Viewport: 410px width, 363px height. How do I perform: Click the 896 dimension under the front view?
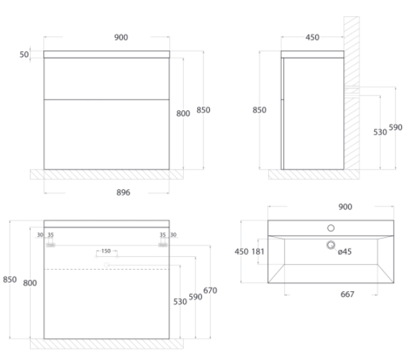click(123, 192)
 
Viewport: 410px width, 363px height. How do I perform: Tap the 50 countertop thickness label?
click(24, 55)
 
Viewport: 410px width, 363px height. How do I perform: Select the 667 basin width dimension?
click(347, 295)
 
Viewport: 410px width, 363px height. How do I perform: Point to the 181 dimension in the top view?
click(258, 251)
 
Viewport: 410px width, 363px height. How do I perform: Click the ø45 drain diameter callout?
click(345, 251)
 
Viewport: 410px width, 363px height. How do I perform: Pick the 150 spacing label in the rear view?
click(106, 251)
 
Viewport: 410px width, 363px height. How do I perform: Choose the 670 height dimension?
click(210, 290)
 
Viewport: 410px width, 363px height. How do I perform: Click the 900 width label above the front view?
click(121, 38)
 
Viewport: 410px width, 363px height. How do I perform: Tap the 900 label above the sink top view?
click(345, 207)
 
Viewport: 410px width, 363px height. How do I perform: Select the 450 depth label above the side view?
click(312, 38)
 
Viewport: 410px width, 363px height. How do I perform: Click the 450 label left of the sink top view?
click(241, 251)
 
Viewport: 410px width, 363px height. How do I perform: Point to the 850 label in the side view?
click(259, 110)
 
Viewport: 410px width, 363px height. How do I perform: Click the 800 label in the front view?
click(183, 113)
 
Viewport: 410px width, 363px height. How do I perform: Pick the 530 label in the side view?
click(380, 132)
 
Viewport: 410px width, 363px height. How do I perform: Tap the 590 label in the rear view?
click(195, 297)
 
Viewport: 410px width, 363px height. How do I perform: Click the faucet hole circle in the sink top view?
click(331, 228)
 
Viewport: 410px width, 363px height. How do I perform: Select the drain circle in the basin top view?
click(331, 245)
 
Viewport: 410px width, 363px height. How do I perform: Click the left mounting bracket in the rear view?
click(51, 245)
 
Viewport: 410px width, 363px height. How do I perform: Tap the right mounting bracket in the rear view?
click(163, 245)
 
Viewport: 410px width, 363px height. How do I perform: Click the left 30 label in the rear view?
click(40, 235)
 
